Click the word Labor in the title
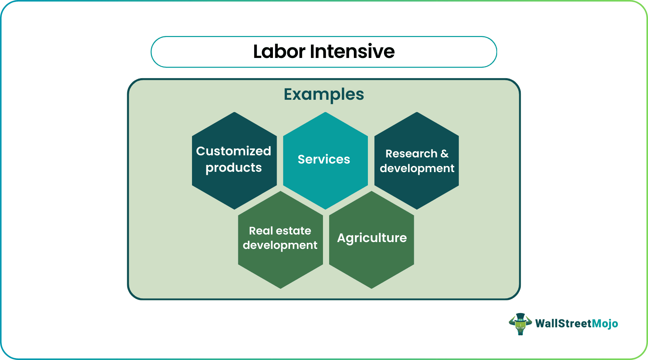(x=279, y=51)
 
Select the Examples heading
(x=324, y=94)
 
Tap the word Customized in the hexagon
(x=233, y=151)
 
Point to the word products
(x=233, y=168)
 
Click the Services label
(x=324, y=159)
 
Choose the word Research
(x=411, y=154)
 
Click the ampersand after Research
(x=445, y=154)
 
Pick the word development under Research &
(x=417, y=168)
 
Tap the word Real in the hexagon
(x=261, y=231)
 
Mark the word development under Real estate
(x=280, y=245)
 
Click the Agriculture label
(x=372, y=238)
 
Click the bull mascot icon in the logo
(x=520, y=324)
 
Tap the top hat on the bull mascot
(x=520, y=316)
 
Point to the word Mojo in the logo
(x=605, y=323)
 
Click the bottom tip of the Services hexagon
(x=325, y=209)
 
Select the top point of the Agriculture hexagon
(x=371, y=192)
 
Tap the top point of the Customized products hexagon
(x=234, y=112)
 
